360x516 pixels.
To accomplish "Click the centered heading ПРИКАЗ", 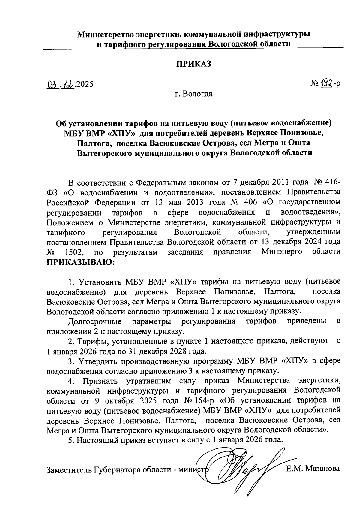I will pos(193,64).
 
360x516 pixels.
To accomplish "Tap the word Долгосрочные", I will pos(95,321).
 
